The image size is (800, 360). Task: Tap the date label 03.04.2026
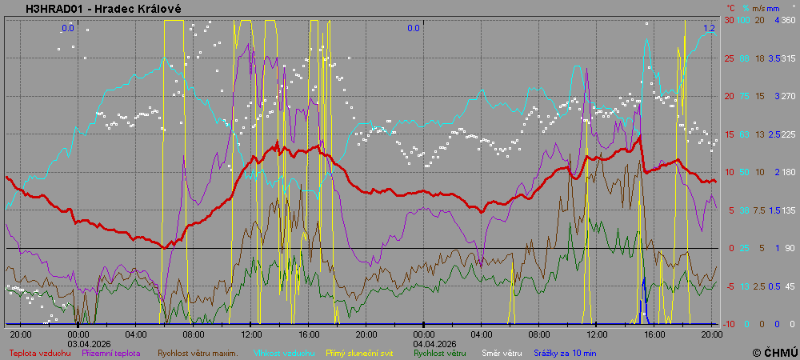pos(89,342)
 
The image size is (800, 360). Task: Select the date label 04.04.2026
pos(435,342)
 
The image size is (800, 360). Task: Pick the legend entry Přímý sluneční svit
pos(358,353)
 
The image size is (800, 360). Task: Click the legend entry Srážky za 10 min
pos(565,353)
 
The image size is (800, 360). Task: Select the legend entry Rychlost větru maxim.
pos(197,353)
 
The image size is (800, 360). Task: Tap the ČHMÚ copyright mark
pos(774,353)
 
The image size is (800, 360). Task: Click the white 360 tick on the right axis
pos(788,20)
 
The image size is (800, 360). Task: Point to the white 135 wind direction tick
pos(788,210)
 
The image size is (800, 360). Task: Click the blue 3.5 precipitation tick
pos(774,58)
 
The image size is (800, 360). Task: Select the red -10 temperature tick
pos(729,324)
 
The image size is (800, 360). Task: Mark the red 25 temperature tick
pos(729,58)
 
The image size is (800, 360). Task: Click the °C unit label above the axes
pos(730,7)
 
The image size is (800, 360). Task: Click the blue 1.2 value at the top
pos(709,29)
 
